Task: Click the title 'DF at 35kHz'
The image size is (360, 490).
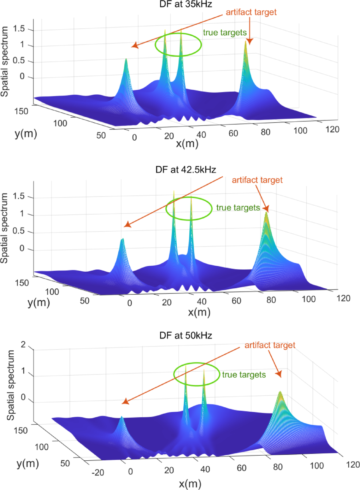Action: click(x=185, y=4)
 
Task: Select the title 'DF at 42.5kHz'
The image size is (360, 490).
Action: click(x=186, y=170)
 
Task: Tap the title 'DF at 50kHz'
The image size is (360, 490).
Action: click(x=186, y=335)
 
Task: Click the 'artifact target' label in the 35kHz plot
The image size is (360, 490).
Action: click(x=251, y=12)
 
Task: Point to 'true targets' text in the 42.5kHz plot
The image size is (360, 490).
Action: click(x=238, y=208)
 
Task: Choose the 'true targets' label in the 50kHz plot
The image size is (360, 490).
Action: click(x=244, y=375)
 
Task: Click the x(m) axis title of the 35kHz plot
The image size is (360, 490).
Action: click(x=187, y=144)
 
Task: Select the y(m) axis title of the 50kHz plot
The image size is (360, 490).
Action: click(x=27, y=463)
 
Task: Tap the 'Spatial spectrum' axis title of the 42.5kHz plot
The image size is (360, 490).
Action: click(x=4, y=228)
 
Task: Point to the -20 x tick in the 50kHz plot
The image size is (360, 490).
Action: click(x=97, y=472)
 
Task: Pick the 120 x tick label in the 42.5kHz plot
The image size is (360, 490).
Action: click(x=343, y=298)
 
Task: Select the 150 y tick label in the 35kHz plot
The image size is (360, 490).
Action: click(x=21, y=111)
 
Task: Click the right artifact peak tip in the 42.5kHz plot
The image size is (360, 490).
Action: click(x=267, y=213)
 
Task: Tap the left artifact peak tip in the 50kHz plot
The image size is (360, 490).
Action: click(x=121, y=417)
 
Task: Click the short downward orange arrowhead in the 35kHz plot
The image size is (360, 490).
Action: click(x=250, y=42)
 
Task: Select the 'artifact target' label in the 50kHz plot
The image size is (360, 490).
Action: click(x=270, y=345)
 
